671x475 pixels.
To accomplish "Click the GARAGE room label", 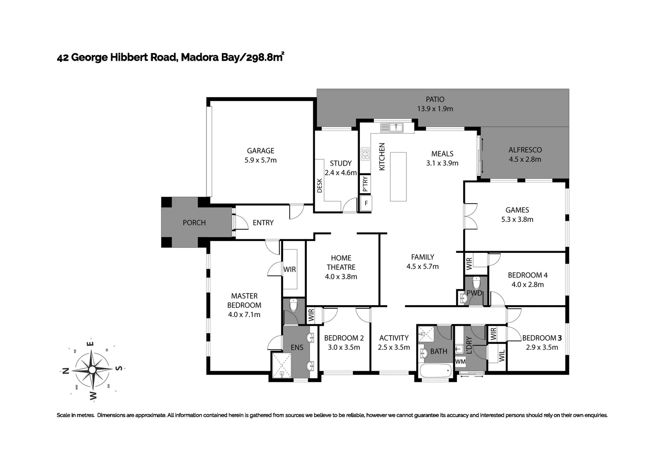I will [x=261, y=151].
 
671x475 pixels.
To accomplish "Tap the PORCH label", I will [x=194, y=223].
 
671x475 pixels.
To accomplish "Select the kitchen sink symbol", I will [x=392, y=128].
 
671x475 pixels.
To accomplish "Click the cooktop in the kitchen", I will [x=365, y=153].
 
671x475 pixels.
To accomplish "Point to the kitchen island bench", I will [x=398, y=176].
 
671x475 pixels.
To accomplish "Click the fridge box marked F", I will [x=366, y=203].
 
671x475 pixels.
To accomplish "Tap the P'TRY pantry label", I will [x=365, y=184].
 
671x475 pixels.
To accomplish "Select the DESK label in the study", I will [x=320, y=186].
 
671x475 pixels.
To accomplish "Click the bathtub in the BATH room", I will [x=435, y=370].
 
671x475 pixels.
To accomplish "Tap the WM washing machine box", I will [x=460, y=362].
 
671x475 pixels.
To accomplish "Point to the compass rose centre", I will [x=92, y=369].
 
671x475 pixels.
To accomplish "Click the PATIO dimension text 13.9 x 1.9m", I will [x=435, y=109].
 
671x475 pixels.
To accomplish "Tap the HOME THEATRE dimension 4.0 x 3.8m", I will [x=341, y=277].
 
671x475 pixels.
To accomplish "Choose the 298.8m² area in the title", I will [x=265, y=57].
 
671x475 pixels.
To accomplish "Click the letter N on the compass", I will [x=65, y=371].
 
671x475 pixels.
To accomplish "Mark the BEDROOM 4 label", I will [x=527, y=275].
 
